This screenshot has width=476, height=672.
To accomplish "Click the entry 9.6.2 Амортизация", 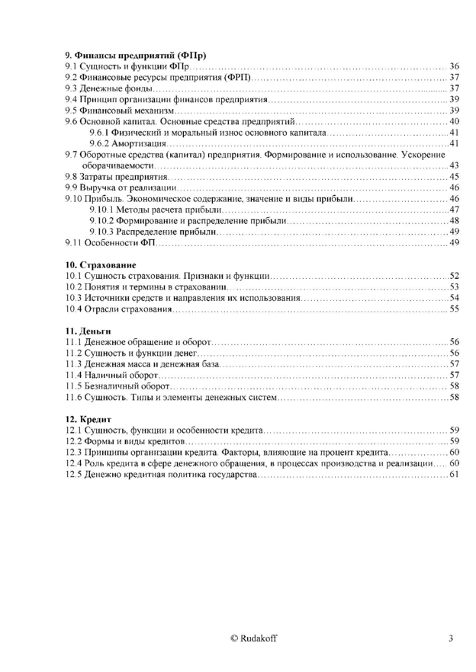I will click(x=127, y=143).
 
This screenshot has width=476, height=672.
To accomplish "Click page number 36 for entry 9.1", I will click(x=454, y=66).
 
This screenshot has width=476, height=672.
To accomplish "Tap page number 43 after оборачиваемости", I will click(x=454, y=165).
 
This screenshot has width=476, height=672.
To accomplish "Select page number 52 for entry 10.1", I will click(x=454, y=275).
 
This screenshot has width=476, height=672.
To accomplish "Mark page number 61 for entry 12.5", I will click(x=454, y=475).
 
